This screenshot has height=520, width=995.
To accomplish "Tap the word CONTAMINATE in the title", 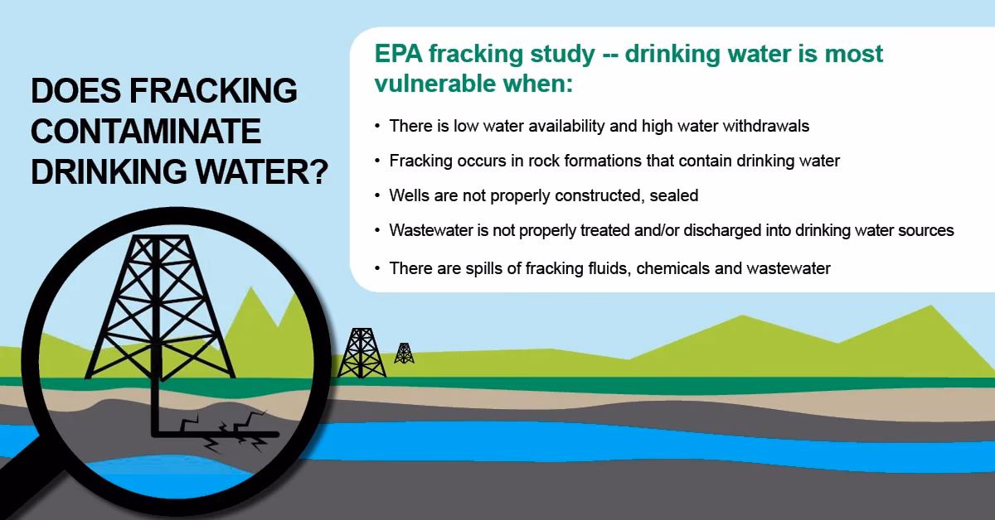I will (146, 131).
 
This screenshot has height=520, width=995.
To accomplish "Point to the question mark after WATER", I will (313, 171).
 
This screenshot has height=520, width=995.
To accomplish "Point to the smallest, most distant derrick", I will (404, 354).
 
